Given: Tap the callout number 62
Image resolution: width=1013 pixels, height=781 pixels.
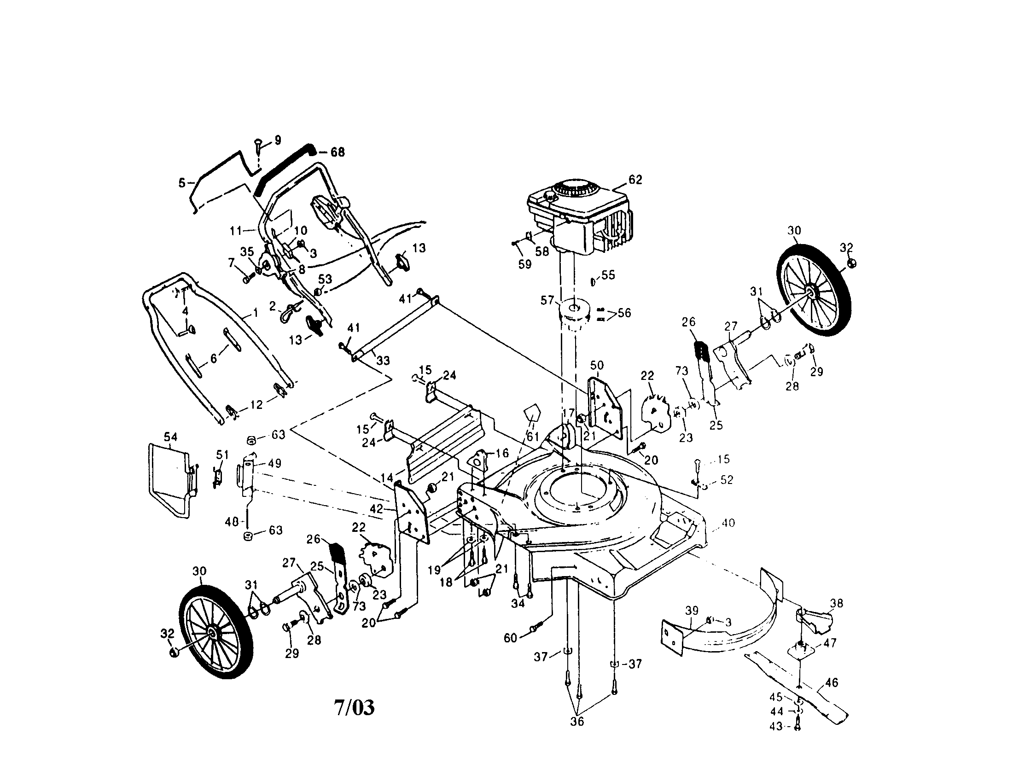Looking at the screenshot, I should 635,180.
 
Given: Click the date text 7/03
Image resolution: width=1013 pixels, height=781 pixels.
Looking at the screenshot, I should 354,707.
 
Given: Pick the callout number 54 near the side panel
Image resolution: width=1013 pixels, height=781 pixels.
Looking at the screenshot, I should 170,437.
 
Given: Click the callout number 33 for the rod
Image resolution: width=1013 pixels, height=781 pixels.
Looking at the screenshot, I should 383,360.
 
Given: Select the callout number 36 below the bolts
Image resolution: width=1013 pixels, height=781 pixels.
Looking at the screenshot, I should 577,722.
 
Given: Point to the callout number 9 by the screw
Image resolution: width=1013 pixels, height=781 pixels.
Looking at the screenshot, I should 277,140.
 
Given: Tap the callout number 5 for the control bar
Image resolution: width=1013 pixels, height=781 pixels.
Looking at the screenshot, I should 182,183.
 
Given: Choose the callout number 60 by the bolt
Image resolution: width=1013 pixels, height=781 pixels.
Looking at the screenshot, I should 510,638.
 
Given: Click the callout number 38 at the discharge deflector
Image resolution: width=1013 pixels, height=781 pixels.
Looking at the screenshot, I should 836,603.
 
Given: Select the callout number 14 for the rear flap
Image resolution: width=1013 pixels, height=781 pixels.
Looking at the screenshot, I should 387,477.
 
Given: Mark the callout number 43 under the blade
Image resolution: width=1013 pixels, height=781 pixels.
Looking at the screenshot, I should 776,726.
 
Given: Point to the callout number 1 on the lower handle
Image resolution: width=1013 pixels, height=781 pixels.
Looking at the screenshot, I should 255,314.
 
